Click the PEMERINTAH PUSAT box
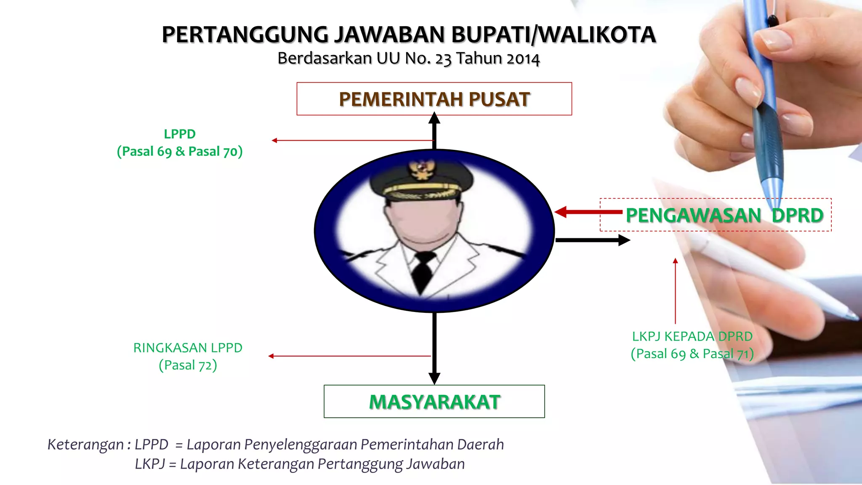tap(434, 99)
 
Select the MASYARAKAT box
tap(434, 402)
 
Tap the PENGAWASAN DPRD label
tap(724, 215)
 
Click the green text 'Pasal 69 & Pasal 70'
tap(180, 151)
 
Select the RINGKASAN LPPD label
tap(188, 348)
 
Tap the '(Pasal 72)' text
tap(188, 365)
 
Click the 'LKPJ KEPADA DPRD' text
tap(692, 336)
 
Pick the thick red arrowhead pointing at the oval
tap(561, 212)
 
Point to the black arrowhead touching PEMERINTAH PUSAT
tap(434, 118)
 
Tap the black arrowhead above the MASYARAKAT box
tap(434, 378)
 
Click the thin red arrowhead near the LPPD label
tap(274, 141)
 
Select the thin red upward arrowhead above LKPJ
tap(675, 261)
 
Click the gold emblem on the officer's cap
tap(421, 169)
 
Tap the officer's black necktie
tap(423, 269)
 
